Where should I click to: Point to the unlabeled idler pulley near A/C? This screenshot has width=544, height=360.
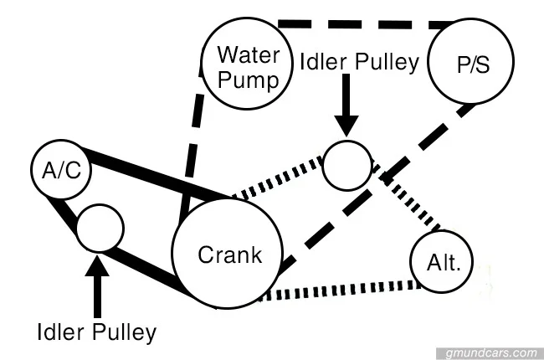[x=100, y=226]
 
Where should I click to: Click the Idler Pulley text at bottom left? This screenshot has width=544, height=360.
[x=97, y=332]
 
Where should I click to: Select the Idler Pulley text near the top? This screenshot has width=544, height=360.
[x=360, y=64]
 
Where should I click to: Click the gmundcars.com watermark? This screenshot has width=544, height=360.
[x=490, y=352]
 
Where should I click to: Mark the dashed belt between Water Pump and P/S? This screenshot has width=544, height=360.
[x=360, y=23]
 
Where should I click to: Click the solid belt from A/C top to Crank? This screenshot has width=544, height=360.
[x=151, y=172]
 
